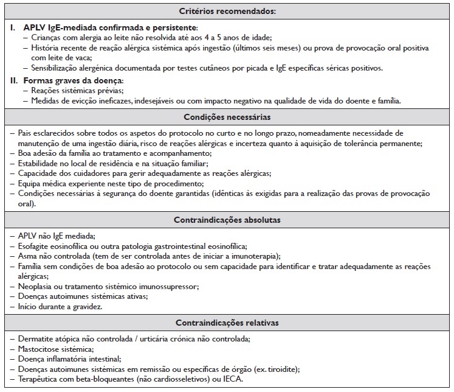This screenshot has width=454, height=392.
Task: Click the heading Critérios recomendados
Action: click(227, 12)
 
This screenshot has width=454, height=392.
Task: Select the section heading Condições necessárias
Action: click(227, 116)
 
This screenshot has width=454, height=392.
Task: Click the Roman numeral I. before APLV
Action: click(13, 28)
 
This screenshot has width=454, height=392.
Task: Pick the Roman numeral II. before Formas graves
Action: click(15, 80)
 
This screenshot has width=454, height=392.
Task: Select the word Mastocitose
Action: click(41, 349)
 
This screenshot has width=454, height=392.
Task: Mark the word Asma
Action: click(27, 256)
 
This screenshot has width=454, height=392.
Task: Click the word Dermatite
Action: click(36, 338)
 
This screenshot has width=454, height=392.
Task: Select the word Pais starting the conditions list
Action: click(26, 133)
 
